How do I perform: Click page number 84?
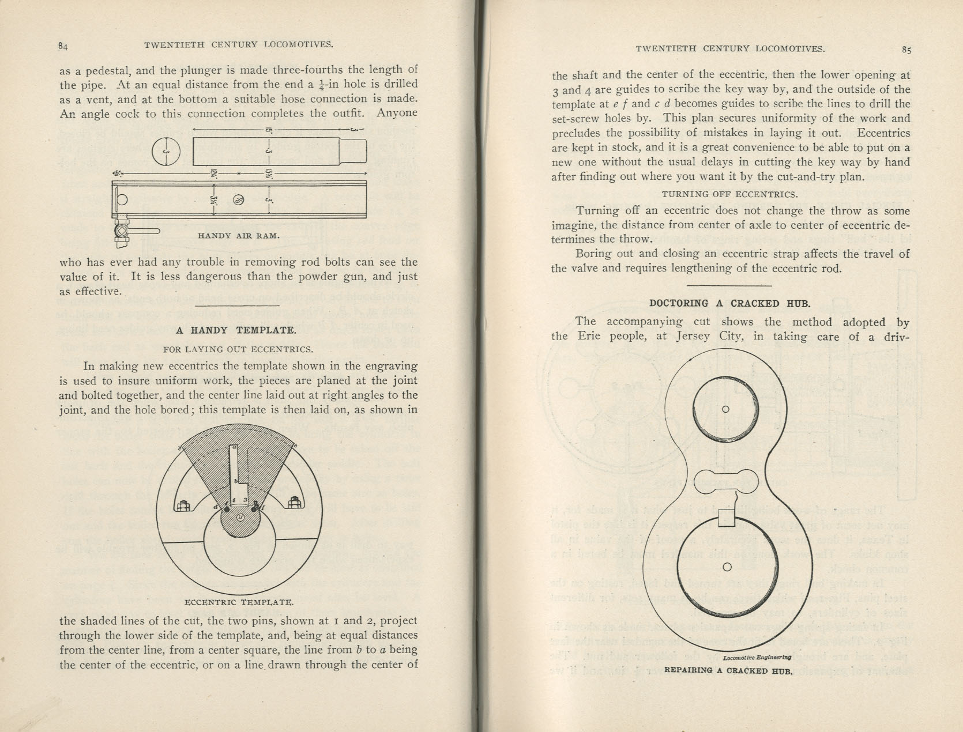(x=63, y=46)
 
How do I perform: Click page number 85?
(x=906, y=50)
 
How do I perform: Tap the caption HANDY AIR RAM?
(x=239, y=236)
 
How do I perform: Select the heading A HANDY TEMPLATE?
(x=236, y=330)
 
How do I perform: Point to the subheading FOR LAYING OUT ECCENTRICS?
(x=238, y=349)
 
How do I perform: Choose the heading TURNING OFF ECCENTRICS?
(x=730, y=194)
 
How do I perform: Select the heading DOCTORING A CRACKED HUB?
(x=730, y=303)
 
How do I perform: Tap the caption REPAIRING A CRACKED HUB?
(x=729, y=671)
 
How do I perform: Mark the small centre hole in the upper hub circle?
(x=726, y=409)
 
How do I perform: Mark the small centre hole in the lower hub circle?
(x=727, y=567)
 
